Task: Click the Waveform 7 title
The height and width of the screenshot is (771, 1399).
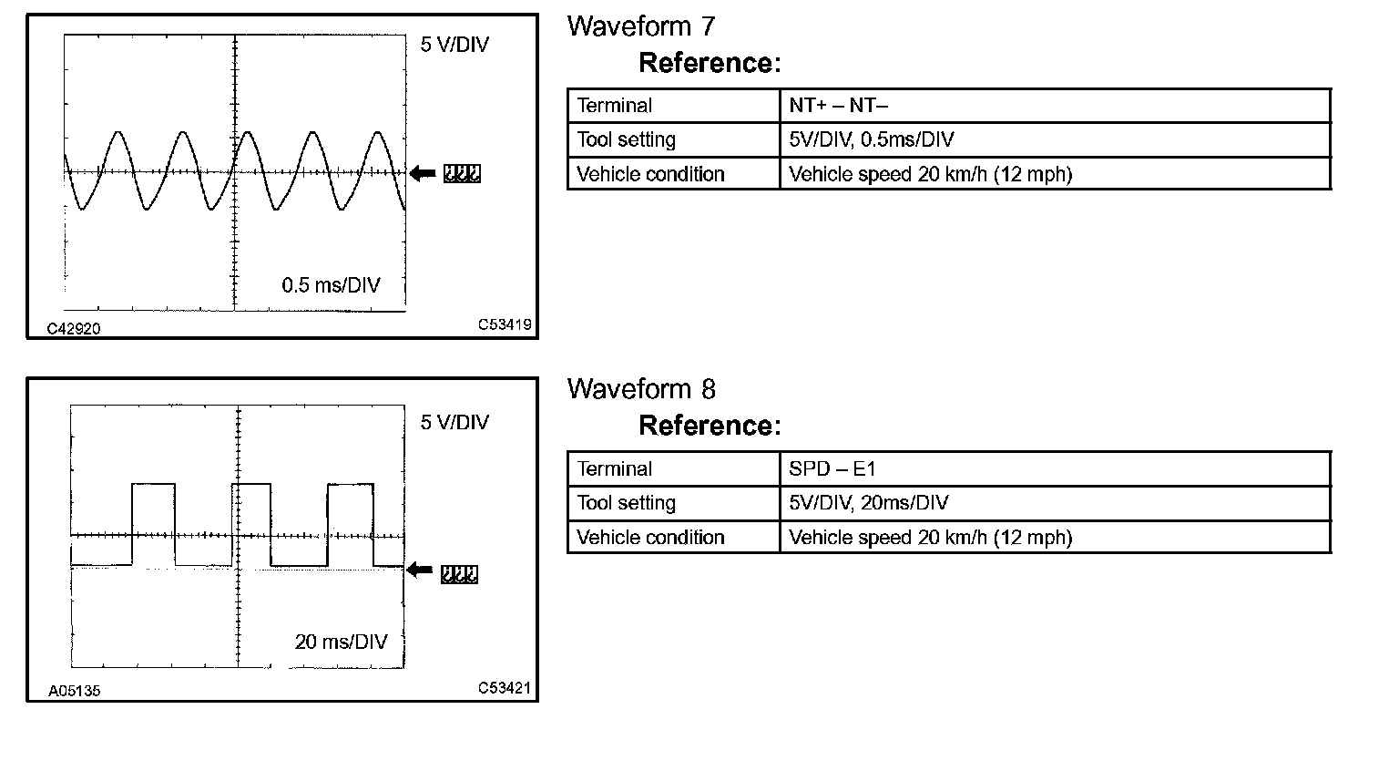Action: [x=641, y=26]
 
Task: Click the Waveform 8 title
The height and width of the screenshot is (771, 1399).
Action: [x=641, y=389]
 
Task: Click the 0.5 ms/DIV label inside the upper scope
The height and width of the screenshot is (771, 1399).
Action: [x=331, y=285]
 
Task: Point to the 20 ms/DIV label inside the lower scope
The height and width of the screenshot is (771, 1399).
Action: [x=341, y=642]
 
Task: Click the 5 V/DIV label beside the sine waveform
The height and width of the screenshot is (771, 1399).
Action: [x=454, y=45]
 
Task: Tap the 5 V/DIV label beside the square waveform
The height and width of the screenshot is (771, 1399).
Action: [x=454, y=422]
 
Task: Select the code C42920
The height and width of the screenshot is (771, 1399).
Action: [x=74, y=328]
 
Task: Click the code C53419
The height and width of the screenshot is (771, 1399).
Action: [x=505, y=324]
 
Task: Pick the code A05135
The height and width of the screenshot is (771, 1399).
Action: [x=75, y=691]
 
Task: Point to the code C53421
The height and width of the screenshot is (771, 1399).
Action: [x=504, y=688]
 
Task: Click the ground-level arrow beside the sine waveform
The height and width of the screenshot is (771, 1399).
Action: [x=423, y=173]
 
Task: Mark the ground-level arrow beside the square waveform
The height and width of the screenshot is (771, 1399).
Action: [x=420, y=571]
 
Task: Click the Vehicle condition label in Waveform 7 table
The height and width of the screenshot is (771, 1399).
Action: [x=650, y=174]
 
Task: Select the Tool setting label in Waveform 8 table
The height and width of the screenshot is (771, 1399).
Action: [x=627, y=503]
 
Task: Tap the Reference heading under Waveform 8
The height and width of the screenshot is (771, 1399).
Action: [x=710, y=426]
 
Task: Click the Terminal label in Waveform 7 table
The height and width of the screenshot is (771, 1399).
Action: [x=615, y=106]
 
